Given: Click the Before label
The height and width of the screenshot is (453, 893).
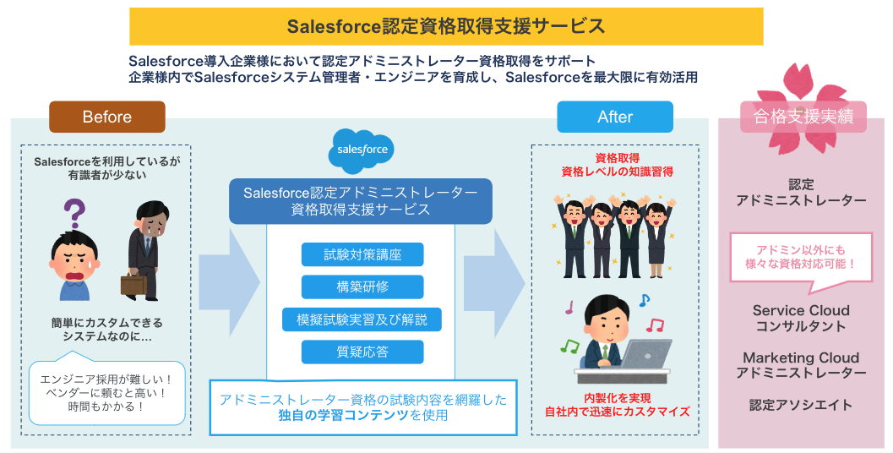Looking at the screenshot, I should [x=106, y=117].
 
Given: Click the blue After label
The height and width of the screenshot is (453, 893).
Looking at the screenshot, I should [x=614, y=117].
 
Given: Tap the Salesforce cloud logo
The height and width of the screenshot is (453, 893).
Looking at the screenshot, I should [x=362, y=150].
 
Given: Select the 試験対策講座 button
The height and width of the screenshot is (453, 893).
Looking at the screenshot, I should [x=362, y=254].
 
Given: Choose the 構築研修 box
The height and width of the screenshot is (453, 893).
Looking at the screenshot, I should [x=362, y=287].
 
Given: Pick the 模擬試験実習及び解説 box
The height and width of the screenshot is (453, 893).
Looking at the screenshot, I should [x=362, y=319].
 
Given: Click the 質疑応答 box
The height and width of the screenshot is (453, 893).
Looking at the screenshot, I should [x=362, y=352].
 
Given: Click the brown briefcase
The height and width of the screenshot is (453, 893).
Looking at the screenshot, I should [x=133, y=284].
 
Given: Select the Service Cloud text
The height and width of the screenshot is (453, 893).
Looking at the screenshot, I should [x=801, y=310].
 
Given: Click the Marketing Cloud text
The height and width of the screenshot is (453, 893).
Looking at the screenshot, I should [x=801, y=357].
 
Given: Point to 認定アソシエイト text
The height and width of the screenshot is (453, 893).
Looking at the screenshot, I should [x=801, y=405].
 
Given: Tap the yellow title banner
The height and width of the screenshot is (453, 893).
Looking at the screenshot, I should [x=446, y=26].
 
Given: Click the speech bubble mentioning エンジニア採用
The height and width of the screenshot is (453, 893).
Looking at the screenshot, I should [x=106, y=392].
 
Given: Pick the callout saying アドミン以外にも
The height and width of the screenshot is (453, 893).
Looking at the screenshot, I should [x=800, y=256].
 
